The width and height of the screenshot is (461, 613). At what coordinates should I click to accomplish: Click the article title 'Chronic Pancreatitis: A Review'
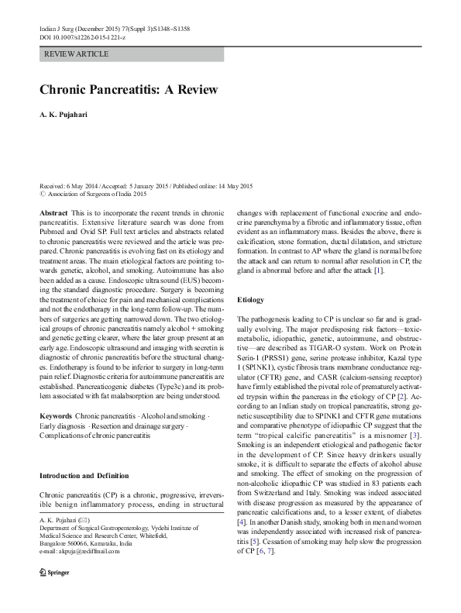pyautogui.click(x=129, y=89)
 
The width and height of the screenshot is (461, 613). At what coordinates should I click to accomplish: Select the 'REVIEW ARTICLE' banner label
pyautogui.click(x=77, y=54)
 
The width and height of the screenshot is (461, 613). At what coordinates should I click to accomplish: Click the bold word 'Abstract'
pyautogui.click(x=53, y=212)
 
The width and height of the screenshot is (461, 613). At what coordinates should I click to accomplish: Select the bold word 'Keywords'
pyautogui.click(x=56, y=416)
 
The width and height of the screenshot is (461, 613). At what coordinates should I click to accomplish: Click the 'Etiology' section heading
pyautogui.click(x=250, y=299)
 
